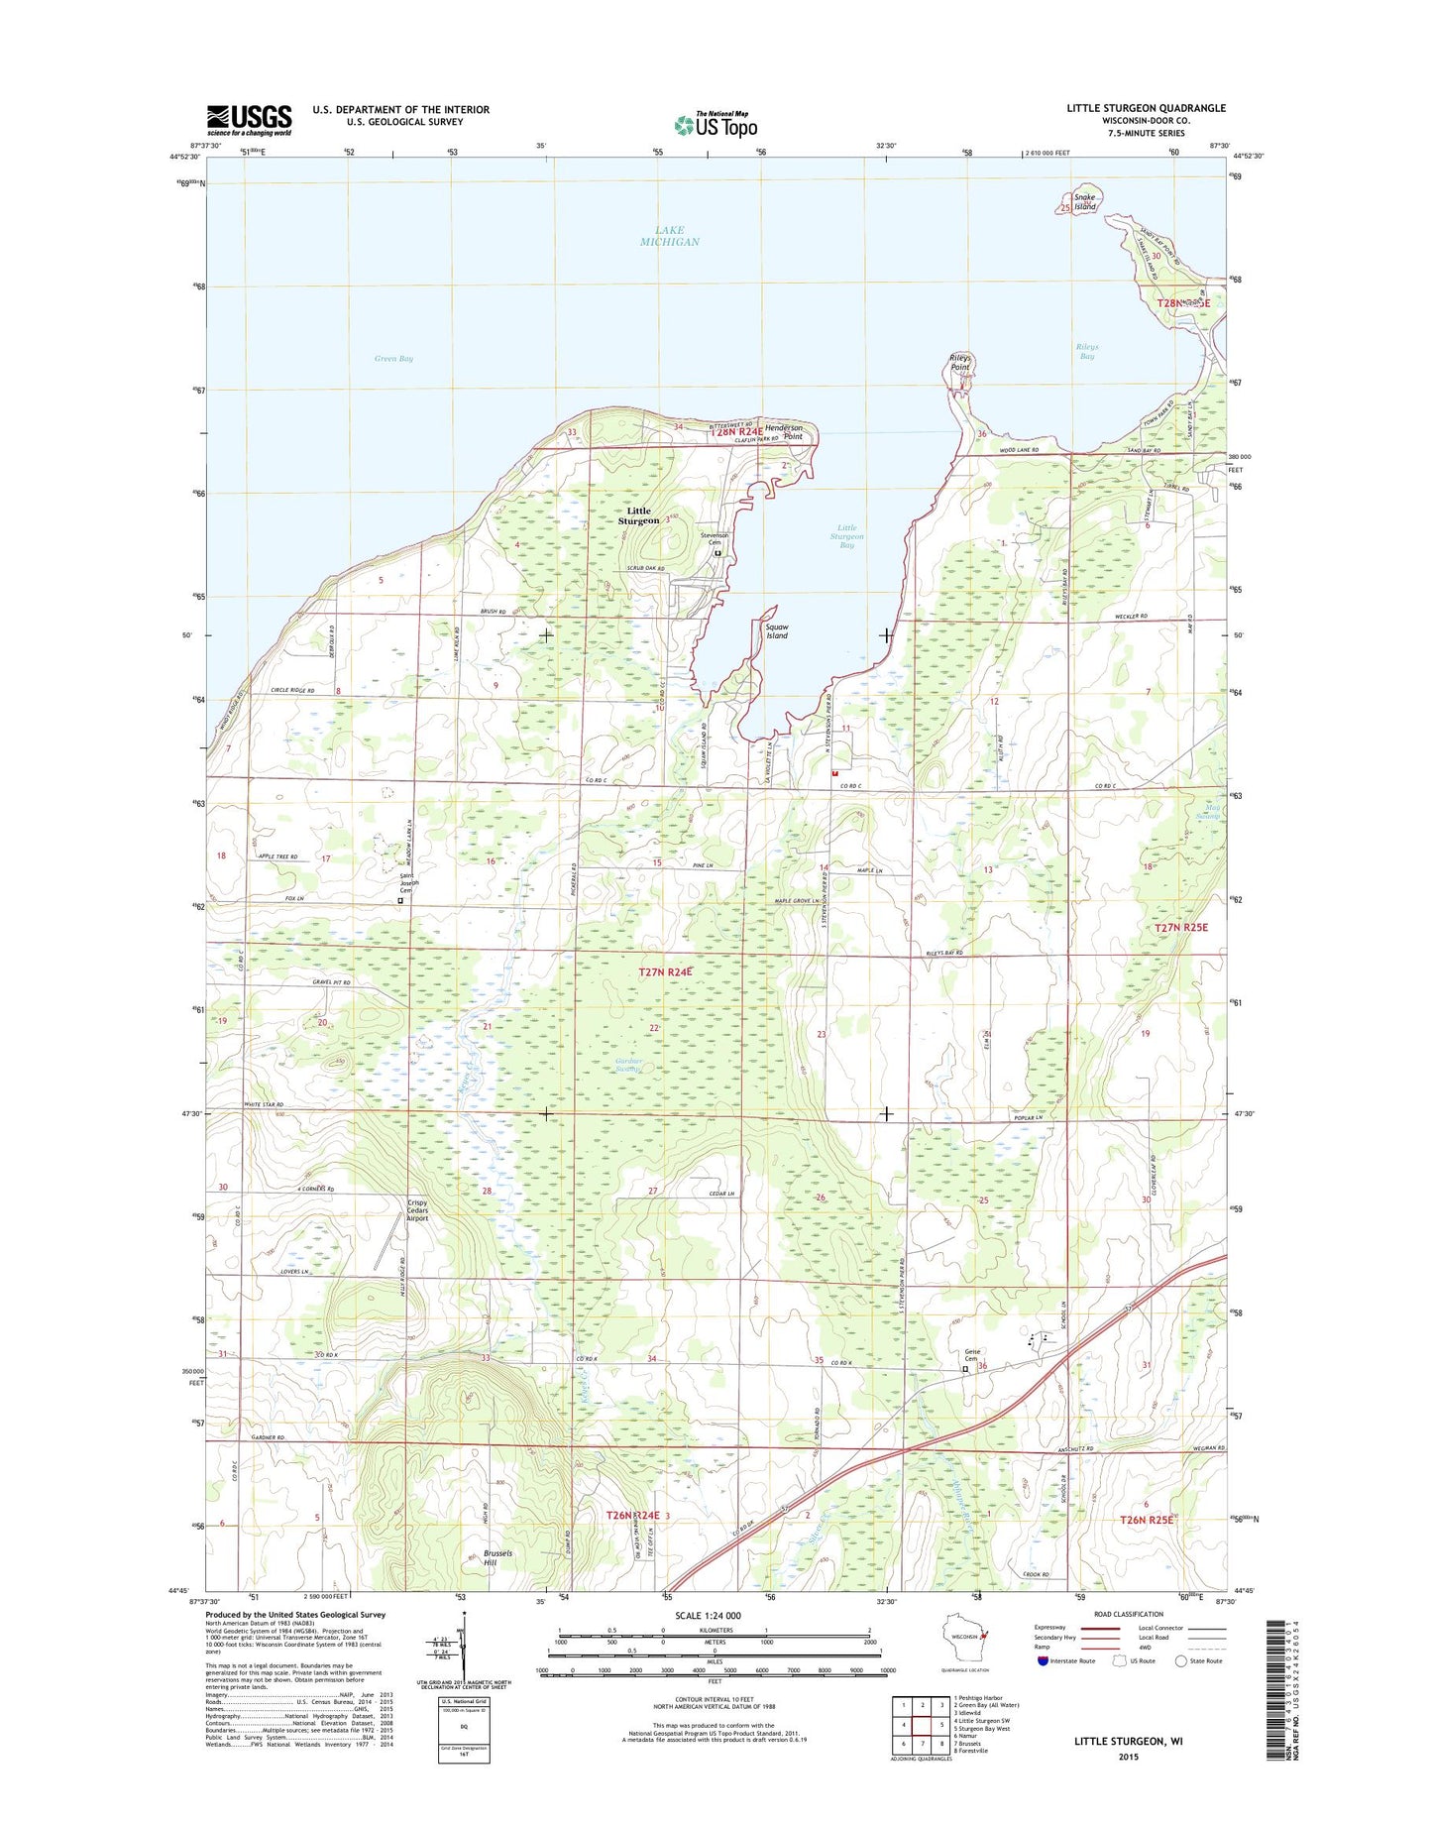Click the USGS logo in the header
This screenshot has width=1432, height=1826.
pyautogui.click(x=249, y=119)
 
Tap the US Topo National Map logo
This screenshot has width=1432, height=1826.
pyautogui.click(x=716, y=124)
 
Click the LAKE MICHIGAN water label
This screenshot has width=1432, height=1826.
pyautogui.click(x=670, y=236)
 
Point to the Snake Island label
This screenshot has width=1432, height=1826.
pyautogui.click(x=1085, y=201)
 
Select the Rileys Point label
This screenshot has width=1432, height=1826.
pyautogui.click(x=960, y=362)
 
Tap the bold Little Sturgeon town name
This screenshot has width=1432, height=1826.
pyautogui.click(x=639, y=515)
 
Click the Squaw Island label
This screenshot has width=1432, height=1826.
pyautogui.click(x=777, y=631)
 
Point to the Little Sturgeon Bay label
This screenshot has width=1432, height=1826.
pyautogui.click(x=847, y=536)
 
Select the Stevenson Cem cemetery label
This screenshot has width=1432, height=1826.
pyautogui.click(x=716, y=539)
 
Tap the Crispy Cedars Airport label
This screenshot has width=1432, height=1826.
pyautogui.click(x=417, y=1211)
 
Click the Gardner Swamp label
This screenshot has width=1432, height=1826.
pyautogui.click(x=627, y=1065)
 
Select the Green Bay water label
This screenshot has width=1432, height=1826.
pyautogui.click(x=393, y=359)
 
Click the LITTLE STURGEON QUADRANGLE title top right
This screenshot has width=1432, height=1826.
pyautogui.click(x=1146, y=108)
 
